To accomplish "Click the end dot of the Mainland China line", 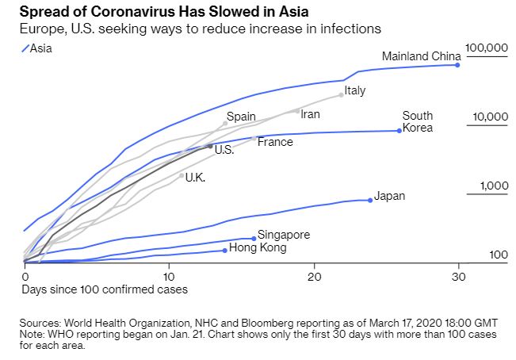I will point(458,64).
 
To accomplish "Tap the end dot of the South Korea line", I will point(399,130).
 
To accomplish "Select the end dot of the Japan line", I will point(370,200).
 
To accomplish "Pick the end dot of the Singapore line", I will point(254,238).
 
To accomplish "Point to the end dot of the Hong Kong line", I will point(225,250).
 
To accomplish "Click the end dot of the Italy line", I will point(342,94).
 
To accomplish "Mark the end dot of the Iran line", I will point(298,111).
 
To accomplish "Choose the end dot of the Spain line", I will point(225,123).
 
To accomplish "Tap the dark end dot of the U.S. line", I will point(210,147).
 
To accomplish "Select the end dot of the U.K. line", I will point(182,175).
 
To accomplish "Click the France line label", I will point(275,142).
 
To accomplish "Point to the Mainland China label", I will point(421,56).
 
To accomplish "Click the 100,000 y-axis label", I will point(486,48).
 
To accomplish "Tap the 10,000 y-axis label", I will point(489,117).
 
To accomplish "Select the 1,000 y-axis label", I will point(492,186).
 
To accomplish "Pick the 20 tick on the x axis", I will point(314,276).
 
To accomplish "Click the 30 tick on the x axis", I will point(458,276).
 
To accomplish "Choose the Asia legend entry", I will point(37,48).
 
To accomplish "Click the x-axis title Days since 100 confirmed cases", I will point(105,289).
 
